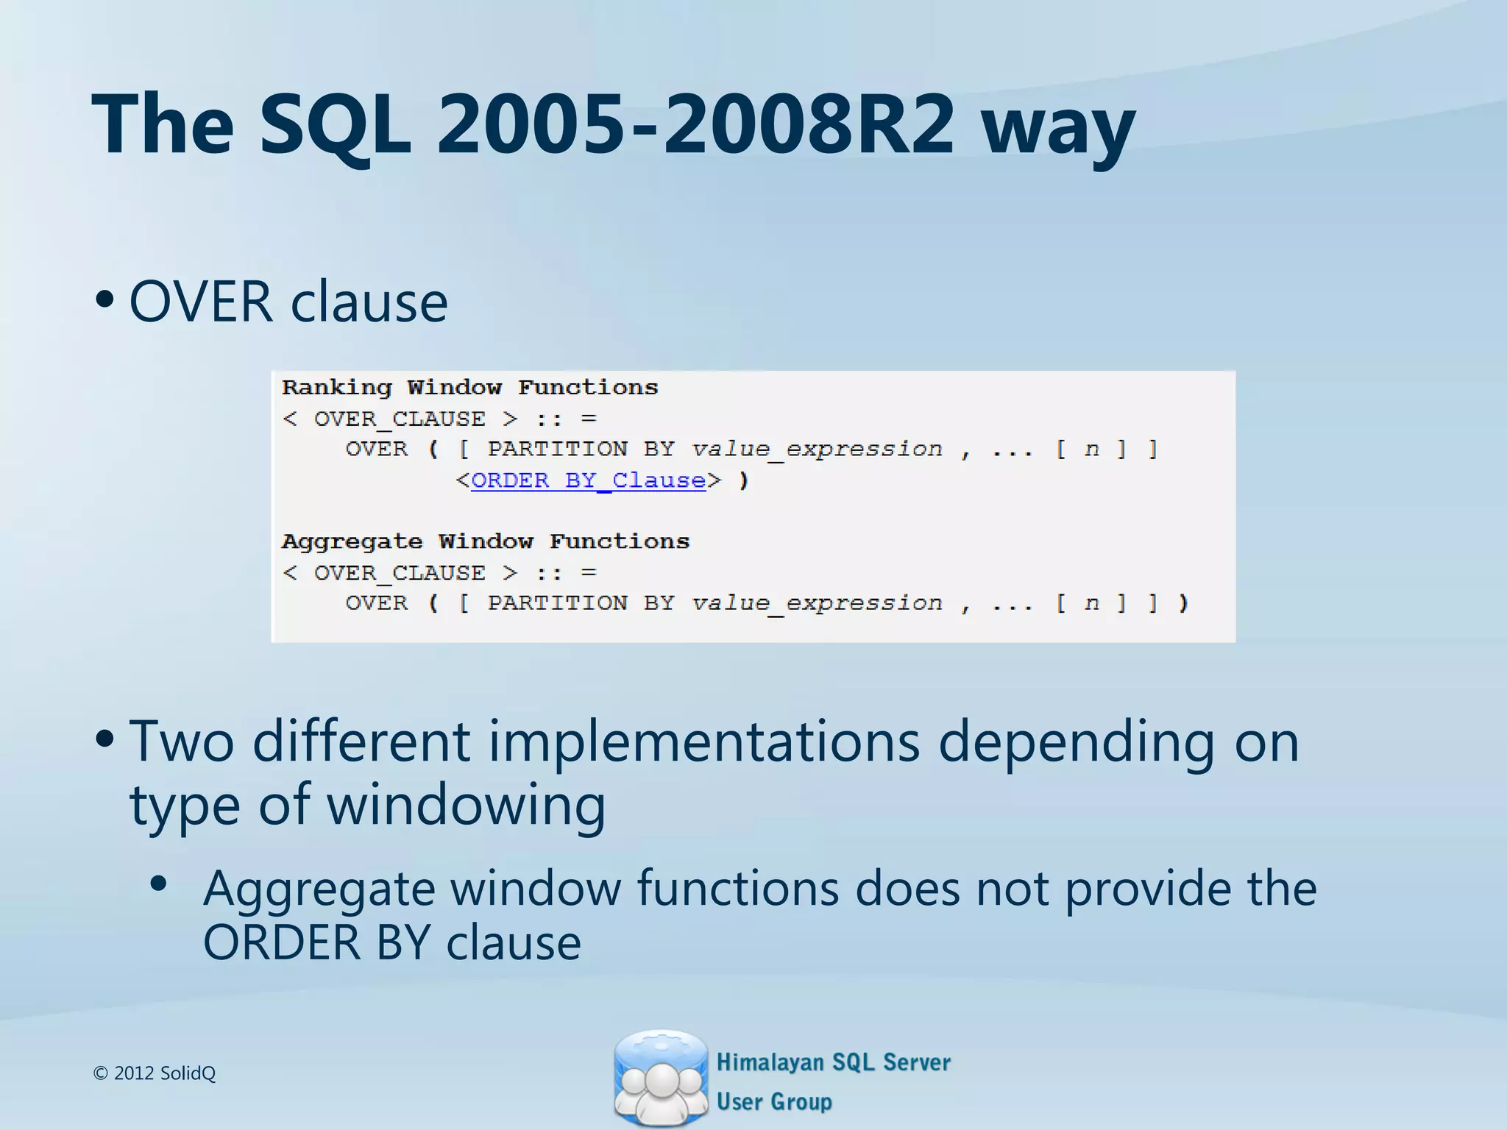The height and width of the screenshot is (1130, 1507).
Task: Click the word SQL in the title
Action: (335, 125)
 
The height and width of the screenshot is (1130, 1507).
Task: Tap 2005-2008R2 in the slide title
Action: (695, 125)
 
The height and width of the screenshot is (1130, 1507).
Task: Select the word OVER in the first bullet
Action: (201, 302)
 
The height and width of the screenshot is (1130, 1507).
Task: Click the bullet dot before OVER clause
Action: (104, 299)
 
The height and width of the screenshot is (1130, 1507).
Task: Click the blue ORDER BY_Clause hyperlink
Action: (588, 480)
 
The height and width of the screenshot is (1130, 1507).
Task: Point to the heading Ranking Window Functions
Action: (469, 388)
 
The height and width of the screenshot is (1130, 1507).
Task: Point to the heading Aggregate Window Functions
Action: (486, 542)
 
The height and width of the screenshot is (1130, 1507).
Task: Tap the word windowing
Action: (466, 806)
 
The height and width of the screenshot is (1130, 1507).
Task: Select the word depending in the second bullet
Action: (1077, 742)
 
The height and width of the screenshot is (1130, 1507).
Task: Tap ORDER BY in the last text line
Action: (316, 942)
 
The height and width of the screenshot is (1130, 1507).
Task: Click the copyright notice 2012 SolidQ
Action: (155, 1073)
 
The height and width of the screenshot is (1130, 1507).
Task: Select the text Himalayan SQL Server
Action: (833, 1062)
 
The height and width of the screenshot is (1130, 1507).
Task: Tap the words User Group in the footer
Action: (774, 1101)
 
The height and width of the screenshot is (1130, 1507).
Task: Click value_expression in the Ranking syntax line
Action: (817, 449)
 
